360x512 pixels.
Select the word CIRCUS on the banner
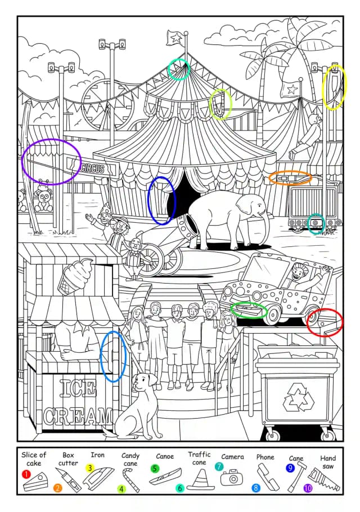point(93,168)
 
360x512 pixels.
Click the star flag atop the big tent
point(175,38)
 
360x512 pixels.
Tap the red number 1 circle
point(26,474)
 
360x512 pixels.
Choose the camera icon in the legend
point(232,478)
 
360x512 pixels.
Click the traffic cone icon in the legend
point(201,480)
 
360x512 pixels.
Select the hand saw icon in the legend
point(325,479)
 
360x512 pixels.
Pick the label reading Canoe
point(165,456)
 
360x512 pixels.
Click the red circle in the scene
point(325,322)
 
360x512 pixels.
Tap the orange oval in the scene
point(290,178)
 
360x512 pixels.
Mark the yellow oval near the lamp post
point(334,87)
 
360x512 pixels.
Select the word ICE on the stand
point(78,389)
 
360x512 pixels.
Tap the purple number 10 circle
point(308,488)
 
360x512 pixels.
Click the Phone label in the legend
point(265,457)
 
